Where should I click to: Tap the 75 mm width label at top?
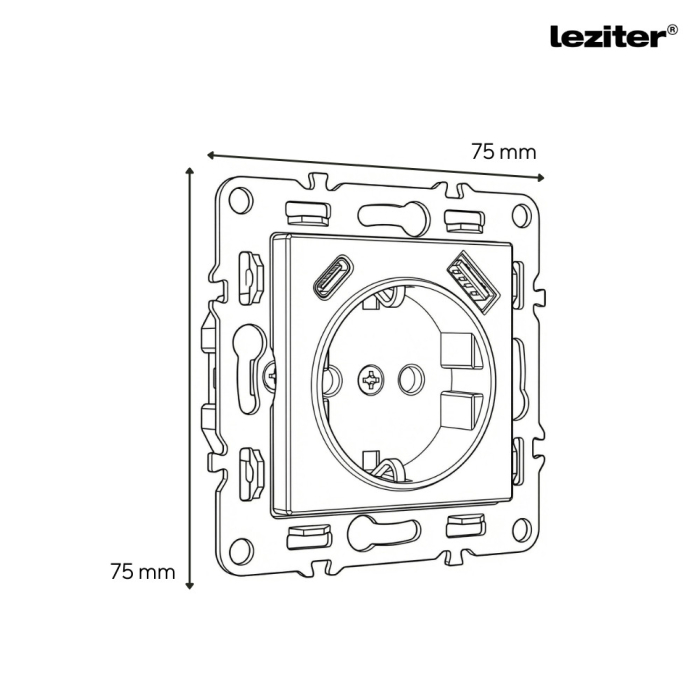point(503,152)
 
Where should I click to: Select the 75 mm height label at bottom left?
point(142,572)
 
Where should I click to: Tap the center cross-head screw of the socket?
point(371,379)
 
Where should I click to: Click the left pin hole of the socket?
point(333,378)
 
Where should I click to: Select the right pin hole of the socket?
point(409,379)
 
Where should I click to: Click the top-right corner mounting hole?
point(520,214)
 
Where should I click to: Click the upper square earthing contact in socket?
point(457,350)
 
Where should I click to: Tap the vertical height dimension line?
point(188,380)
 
